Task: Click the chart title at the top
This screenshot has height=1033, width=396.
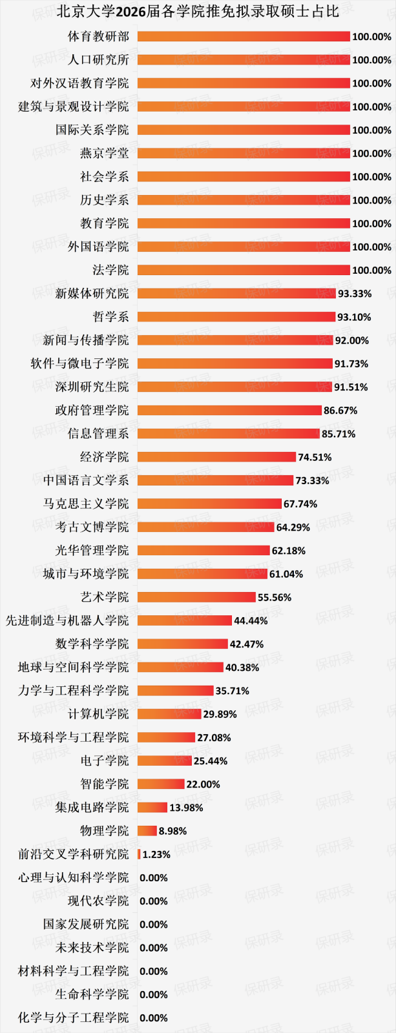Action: tap(198, 11)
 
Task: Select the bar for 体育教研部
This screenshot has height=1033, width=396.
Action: tap(244, 37)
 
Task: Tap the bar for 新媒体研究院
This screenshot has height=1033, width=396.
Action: tap(236, 294)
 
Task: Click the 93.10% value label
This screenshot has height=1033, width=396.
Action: tap(354, 317)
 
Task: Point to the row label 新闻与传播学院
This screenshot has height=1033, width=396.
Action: tap(86, 340)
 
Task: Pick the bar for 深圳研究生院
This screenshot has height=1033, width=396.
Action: tap(234, 387)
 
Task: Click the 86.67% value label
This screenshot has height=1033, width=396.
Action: tap(340, 411)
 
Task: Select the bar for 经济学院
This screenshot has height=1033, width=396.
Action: tap(216, 457)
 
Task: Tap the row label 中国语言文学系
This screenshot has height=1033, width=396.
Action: tap(86, 480)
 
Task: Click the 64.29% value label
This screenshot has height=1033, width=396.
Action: tap(293, 527)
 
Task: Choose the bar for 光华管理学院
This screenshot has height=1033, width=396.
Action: tap(203, 551)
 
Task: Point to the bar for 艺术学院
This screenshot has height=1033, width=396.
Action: tap(196, 597)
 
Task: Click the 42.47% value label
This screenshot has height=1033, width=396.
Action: tap(247, 644)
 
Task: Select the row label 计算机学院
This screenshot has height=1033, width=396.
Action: tap(98, 714)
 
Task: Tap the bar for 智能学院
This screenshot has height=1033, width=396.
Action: tap(161, 784)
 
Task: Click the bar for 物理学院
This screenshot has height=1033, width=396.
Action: tap(147, 831)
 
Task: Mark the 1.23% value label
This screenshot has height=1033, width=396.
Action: tap(156, 854)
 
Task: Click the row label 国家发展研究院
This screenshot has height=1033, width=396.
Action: tap(86, 925)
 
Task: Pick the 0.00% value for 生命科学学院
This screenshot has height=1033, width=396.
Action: tap(154, 994)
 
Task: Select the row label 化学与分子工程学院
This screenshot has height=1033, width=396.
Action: tap(74, 1018)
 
